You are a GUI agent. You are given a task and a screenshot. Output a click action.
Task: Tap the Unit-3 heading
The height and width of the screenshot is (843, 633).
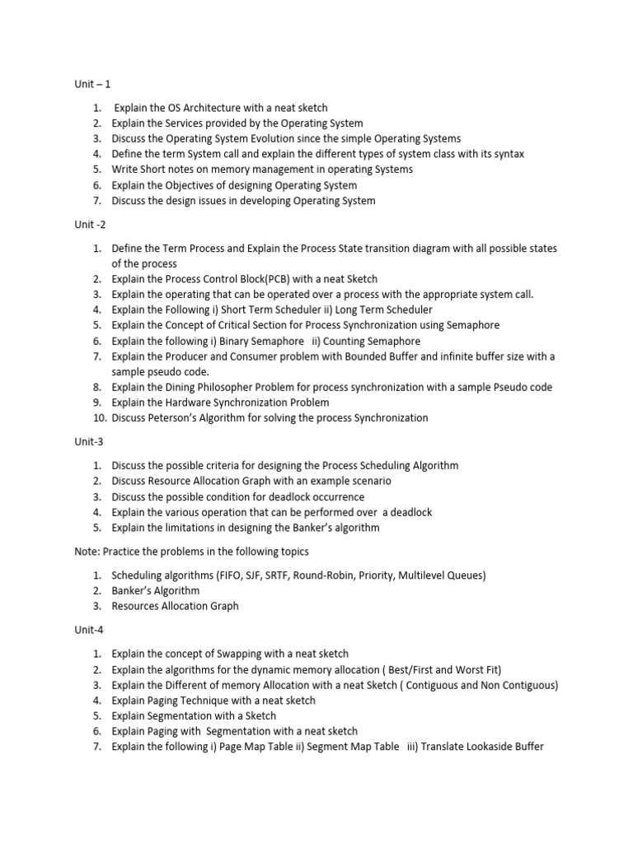pos(90,441)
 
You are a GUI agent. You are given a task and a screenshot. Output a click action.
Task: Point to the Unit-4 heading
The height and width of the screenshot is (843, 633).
pos(90,630)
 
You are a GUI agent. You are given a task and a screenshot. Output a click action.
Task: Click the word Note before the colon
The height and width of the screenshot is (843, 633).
pos(87,551)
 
